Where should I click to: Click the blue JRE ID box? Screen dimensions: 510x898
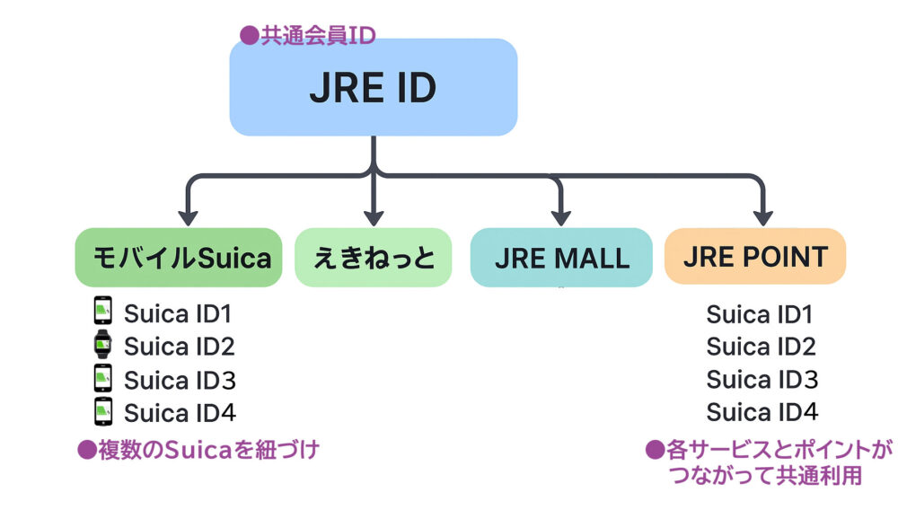(x=373, y=88)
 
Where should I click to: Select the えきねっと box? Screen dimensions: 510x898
(x=374, y=258)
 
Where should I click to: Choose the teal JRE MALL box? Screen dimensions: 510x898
(x=561, y=258)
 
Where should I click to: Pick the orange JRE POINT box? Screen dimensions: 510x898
(x=755, y=258)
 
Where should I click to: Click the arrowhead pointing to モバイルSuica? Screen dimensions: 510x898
(x=188, y=216)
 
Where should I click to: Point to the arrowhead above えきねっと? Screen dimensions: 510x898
(x=374, y=216)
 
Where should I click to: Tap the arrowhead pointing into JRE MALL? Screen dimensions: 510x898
(x=561, y=216)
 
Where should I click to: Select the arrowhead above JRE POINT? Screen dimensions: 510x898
(x=762, y=216)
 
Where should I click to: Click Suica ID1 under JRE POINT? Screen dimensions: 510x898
(x=760, y=314)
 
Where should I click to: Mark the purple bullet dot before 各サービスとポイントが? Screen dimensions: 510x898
(x=655, y=450)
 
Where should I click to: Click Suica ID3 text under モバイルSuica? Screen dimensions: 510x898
(x=180, y=380)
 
